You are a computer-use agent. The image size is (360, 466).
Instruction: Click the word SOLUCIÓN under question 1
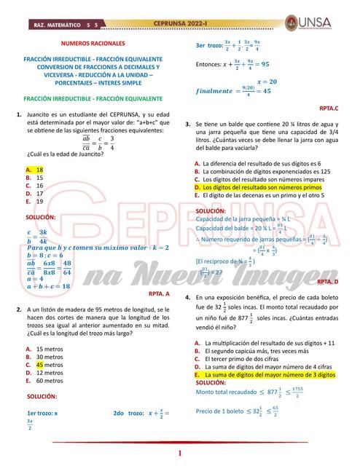[41, 217]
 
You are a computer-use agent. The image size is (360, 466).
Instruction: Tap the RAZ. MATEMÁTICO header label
[58, 24]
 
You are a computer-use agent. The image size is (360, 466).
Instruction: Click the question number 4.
[188, 298]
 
